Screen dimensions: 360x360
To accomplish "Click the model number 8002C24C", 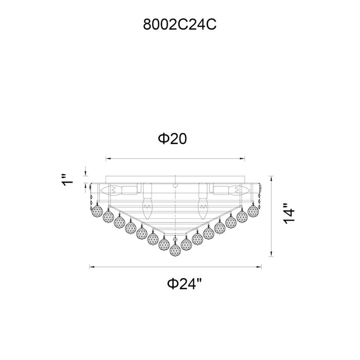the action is point(179,24).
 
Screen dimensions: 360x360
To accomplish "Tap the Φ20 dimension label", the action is point(172,139).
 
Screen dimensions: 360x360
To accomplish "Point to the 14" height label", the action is point(289,213).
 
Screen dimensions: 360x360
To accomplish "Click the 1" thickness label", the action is point(67,180).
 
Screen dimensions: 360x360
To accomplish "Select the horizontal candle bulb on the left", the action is point(111,190).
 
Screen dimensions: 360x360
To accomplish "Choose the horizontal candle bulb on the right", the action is point(239,190).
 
